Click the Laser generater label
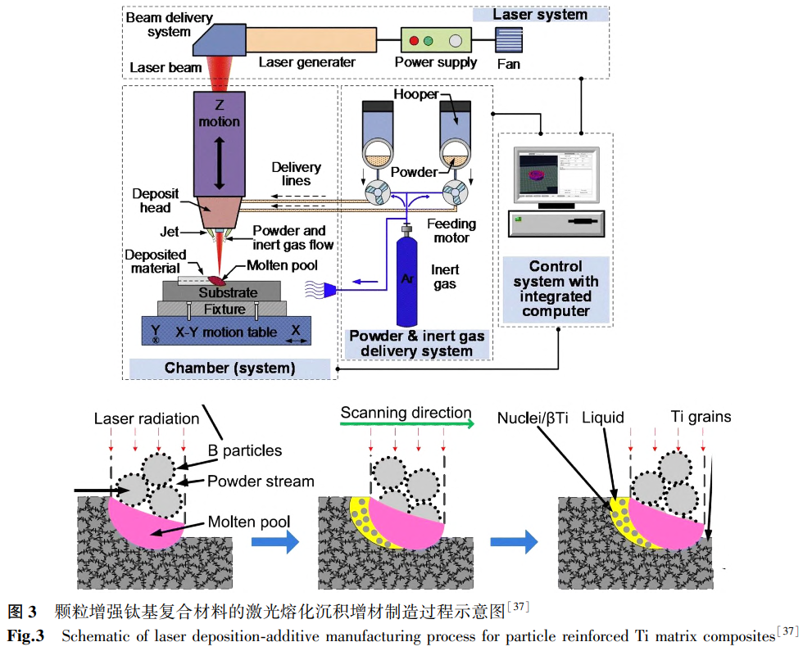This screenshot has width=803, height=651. click(x=307, y=62)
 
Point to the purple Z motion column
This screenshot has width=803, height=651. click(x=219, y=145)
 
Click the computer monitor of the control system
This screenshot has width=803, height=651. click(x=556, y=175)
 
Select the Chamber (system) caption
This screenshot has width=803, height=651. click(x=229, y=368)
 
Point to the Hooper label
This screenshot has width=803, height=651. click(x=415, y=95)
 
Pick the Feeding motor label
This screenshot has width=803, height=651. click(x=451, y=230)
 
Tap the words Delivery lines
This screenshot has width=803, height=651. click(x=297, y=174)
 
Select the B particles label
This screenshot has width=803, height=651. click(x=246, y=450)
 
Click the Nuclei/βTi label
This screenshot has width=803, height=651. click(x=533, y=418)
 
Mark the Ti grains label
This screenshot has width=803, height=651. click(x=701, y=417)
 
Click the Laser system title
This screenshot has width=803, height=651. click(x=540, y=14)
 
